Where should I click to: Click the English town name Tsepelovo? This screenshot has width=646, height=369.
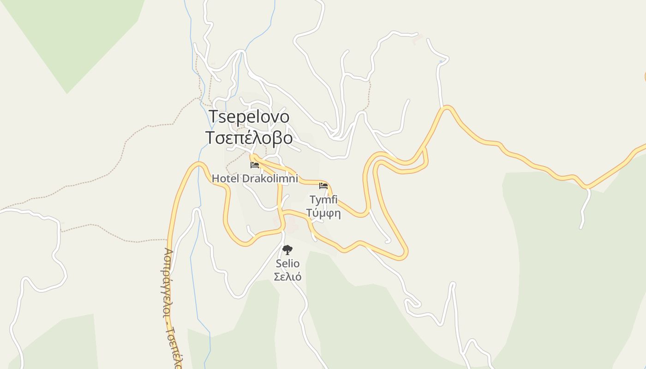click(249, 117)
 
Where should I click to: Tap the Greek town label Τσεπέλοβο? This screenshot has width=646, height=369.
click(249, 137)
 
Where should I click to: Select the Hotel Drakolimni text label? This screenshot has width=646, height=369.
click(255, 178)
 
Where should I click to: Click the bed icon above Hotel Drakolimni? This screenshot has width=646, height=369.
click(255, 165)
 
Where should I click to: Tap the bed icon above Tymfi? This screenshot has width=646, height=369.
click(323, 186)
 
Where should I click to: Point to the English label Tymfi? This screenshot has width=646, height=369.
click(323, 200)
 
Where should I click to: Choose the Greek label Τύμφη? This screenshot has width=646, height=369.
click(323, 213)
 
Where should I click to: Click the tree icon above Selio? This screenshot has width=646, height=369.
click(287, 250)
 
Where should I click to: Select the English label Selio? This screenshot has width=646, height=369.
click(287, 263)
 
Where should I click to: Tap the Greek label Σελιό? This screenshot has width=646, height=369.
click(287, 276)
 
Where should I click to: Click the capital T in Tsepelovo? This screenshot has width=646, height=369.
click(214, 117)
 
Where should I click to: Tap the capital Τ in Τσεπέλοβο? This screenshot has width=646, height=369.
click(211, 137)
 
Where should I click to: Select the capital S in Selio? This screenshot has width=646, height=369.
click(279, 263)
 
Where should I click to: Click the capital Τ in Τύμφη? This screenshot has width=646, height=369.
click(310, 213)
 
